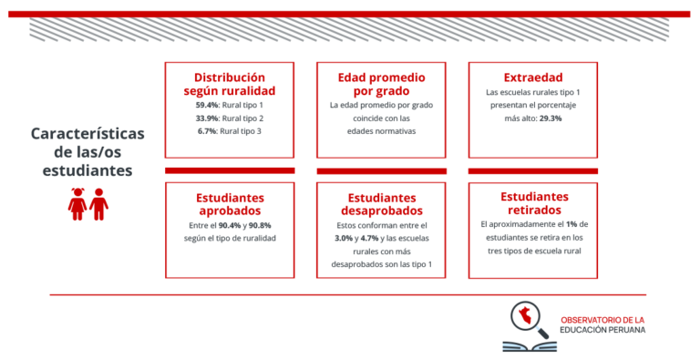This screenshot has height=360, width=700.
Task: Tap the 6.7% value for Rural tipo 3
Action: pos(207,131)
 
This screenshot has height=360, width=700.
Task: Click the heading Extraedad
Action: pos(532,77)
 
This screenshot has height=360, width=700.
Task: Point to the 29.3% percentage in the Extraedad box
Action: pos(550,118)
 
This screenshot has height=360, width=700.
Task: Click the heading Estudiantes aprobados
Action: pos(230,204)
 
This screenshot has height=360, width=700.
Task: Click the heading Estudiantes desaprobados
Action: pos(381,205)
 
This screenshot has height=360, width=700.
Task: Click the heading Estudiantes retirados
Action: pos(533,204)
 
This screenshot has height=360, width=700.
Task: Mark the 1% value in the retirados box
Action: pos(571,224)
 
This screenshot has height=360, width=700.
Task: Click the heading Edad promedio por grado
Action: pos(381,84)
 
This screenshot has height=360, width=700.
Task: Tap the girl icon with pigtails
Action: pos(77,204)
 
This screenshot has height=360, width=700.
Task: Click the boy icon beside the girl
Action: pos(98,204)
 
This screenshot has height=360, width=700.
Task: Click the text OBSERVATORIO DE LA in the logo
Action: pos(602,320)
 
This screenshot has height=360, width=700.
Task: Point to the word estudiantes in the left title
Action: pos(87,170)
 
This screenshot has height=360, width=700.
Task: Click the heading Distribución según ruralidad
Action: pos(230,84)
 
